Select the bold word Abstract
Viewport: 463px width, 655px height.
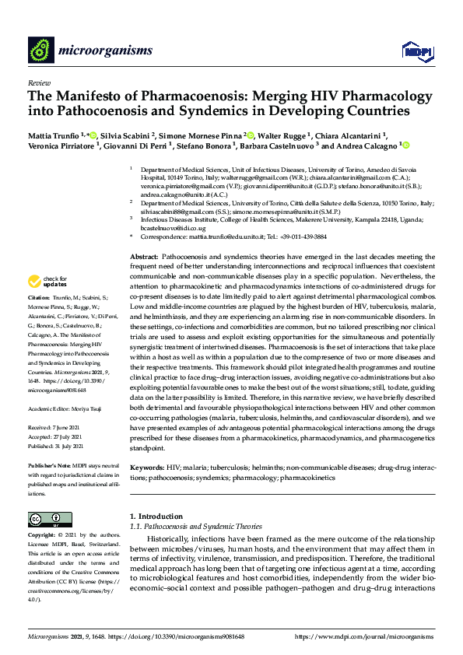coord(144,257)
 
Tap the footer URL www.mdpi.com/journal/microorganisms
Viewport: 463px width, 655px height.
coord(365,636)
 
